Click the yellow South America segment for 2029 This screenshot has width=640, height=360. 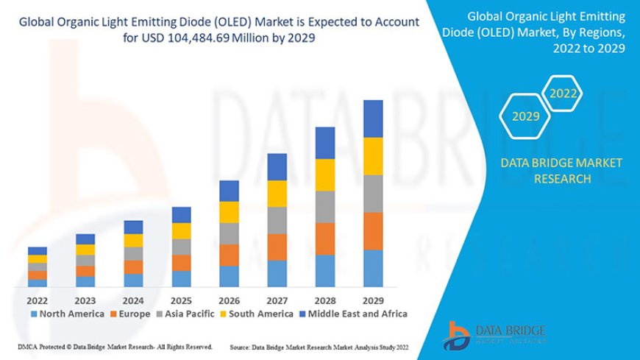373,156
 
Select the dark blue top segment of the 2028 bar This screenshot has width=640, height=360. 325,143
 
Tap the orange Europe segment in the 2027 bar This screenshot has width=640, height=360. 277,247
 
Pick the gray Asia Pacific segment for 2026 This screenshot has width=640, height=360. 229,233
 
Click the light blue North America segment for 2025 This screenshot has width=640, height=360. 181,278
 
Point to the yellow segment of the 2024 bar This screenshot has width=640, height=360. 133,240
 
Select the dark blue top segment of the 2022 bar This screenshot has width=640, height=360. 38,251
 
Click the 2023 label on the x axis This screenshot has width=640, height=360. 85,300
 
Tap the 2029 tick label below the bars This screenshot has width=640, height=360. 373,300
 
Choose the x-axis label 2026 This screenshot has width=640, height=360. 229,300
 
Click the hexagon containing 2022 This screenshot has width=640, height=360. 563,93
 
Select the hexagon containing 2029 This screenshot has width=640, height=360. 526,116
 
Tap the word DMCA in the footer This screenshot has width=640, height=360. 29,346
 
